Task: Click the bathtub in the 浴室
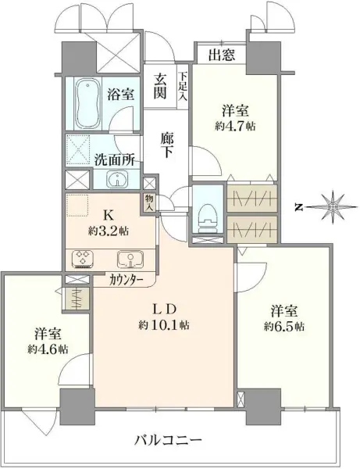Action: (x=87, y=104)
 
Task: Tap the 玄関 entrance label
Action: (x=160, y=87)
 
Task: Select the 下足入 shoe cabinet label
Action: (x=183, y=86)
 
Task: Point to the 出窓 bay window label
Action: (x=222, y=55)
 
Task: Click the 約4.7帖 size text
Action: (x=235, y=126)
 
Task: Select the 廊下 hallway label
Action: (x=167, y=145)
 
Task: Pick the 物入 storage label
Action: (x=148, y=202)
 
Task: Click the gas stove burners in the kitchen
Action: (x=82, y=258)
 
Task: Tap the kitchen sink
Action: (x=130, y=259)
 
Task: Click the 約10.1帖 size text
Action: (x=163, y=325)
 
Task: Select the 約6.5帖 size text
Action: (x=284, y=326)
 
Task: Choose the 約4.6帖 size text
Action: (x=48, y=349)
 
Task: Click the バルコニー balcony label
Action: (x=169, y=440)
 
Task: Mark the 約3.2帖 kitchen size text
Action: (x=108, y=231)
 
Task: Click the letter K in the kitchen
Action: (x=107, y=214)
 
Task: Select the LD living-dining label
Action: (x=163, y=309)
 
